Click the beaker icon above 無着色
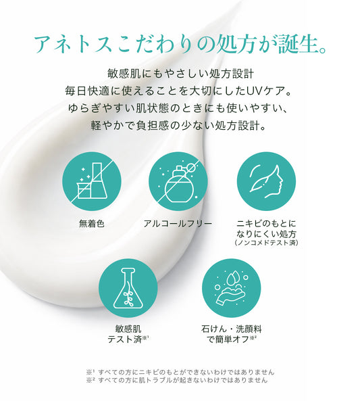pos(92,181)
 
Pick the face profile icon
pos(266,181)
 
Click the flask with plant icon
pos(128,288)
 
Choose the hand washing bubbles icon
pos(232,288)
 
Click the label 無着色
pos(92,224)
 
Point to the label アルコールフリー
pos(178,224)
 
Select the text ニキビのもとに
pos(266,224)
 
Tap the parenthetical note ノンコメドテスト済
pos(266,243)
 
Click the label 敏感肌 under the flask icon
pos(128,329)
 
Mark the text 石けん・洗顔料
pos(232,329)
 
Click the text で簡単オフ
pos(228,339)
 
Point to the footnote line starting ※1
pos(180,372)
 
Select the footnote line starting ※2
pos(177,380)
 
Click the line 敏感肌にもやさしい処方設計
pos(180,74)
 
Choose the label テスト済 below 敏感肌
pos(125,339)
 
